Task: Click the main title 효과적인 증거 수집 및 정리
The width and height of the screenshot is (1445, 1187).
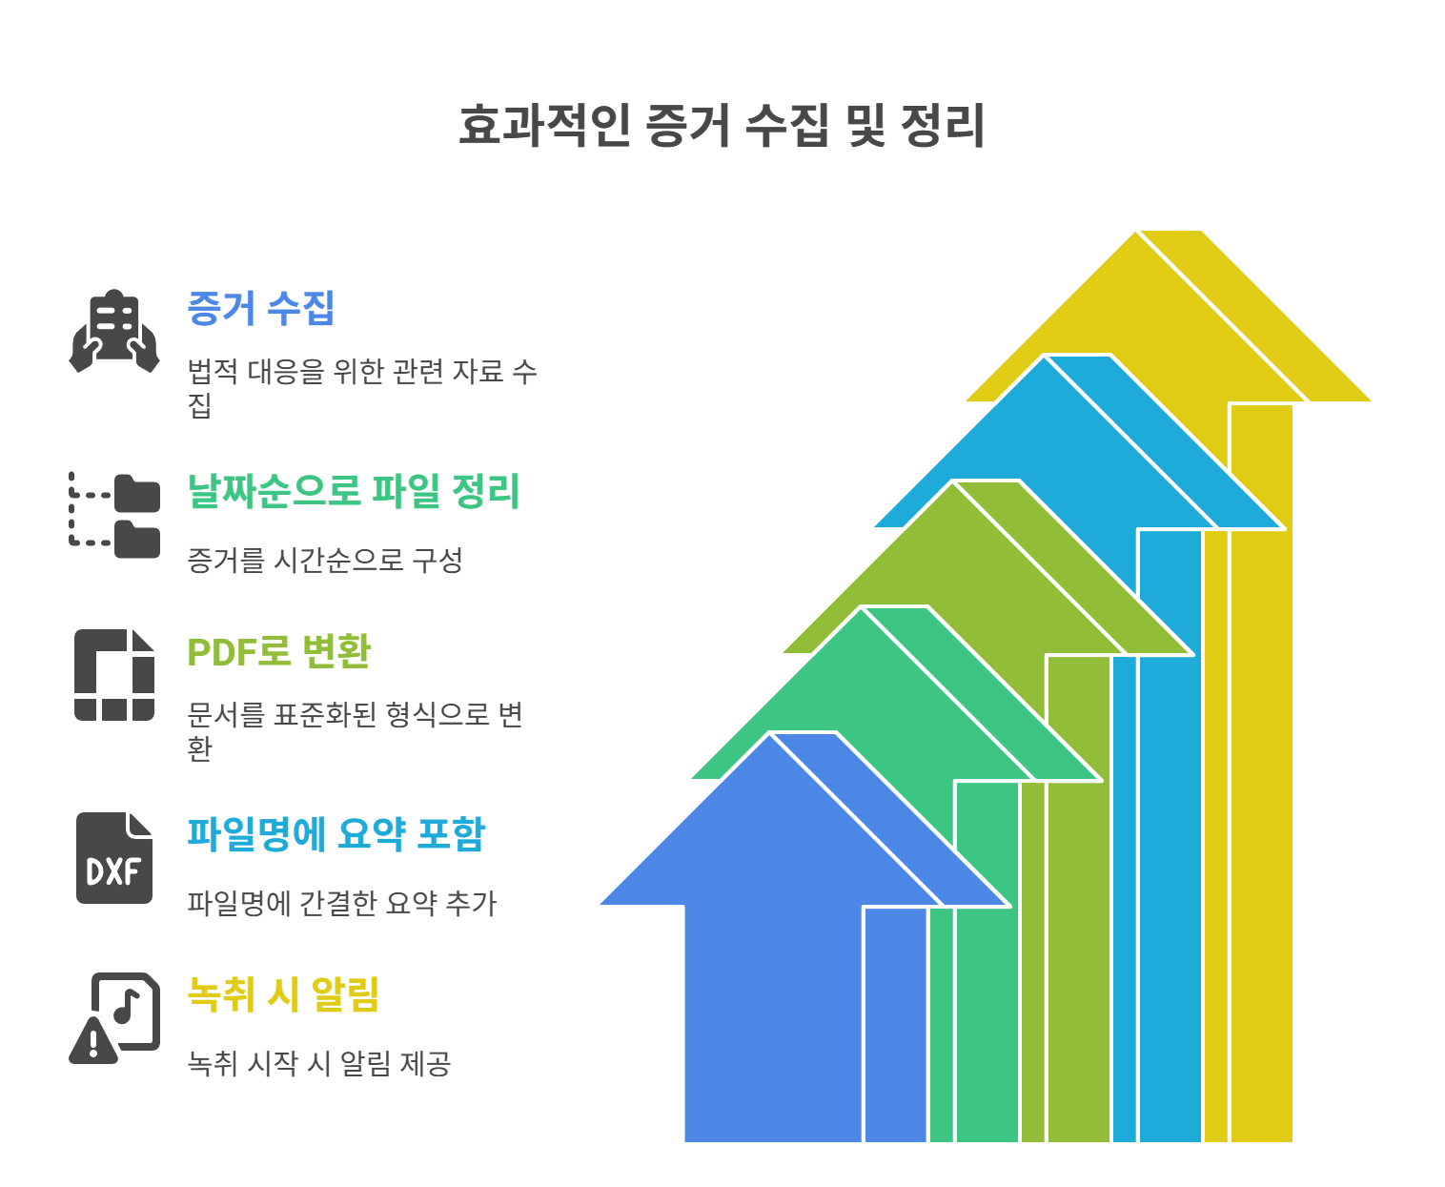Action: point(722,125)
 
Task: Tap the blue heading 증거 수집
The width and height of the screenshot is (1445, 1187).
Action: point(261,308)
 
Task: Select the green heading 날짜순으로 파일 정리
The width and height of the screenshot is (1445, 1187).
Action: point(354,492)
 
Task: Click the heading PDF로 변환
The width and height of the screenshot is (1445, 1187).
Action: point(278,652)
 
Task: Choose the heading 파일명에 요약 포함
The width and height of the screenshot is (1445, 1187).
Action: point(336,834)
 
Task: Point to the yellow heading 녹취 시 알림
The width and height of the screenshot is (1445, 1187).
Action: point(283,994)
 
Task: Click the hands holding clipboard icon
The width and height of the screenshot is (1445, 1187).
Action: point(114,331)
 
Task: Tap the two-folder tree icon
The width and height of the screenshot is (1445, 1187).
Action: point(115,515)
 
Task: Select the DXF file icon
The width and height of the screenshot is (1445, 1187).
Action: point(114,858)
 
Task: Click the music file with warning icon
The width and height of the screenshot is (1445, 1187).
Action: point(115,1017)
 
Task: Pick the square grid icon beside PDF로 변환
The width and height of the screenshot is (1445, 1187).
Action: point(114,675)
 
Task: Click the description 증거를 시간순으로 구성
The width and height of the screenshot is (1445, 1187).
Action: point(325,560)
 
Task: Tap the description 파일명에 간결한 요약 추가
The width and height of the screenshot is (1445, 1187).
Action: point(342,903)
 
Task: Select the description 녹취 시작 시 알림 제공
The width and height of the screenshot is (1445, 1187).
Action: point(318,1063)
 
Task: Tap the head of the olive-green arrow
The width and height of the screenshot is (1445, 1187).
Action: point(953,572)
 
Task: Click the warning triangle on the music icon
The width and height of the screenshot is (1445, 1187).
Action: point(92,1042)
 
